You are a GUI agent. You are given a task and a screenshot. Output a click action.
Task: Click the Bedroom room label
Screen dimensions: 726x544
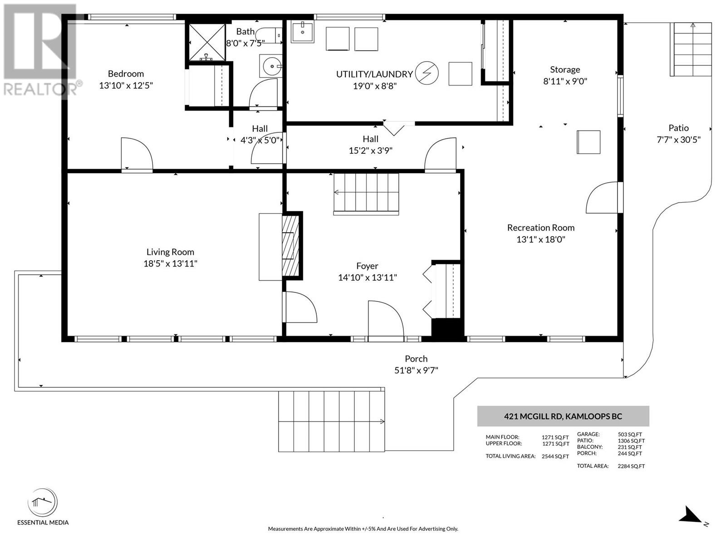tap(126, 73)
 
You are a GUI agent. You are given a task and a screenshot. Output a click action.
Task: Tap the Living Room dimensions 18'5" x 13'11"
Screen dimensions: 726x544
tap(170, 263)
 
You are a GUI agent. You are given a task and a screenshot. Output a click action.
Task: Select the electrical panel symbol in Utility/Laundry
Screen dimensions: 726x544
tap(427, 73)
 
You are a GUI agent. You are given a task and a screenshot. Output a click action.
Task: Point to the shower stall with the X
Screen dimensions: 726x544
tap(207, 42)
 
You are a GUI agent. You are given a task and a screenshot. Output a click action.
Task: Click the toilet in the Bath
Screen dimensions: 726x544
tap(269, 35)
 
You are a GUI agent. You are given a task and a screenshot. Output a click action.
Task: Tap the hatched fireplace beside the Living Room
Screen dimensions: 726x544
tap(290, 246)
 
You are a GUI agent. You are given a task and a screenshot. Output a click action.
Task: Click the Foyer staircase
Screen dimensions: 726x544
tap(366, 194)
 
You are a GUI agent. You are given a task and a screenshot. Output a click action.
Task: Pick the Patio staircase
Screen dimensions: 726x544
tap(691, 49)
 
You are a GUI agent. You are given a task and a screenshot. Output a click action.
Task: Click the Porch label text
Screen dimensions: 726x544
tap(416, 359)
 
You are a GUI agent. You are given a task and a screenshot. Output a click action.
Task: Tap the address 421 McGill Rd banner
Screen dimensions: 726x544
tap(563, 416)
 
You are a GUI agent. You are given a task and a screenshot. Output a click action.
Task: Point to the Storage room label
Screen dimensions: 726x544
tap(565, 70)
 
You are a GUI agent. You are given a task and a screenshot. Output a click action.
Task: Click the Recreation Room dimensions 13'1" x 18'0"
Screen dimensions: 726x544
tap(541, 239)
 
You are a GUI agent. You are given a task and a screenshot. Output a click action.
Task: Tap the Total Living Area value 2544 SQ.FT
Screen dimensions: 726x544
tap(555, 457)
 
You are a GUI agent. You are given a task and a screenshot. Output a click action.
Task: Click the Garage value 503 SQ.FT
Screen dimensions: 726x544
tap(630, 435)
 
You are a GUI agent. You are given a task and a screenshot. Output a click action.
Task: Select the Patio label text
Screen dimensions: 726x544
tap(679, 128)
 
